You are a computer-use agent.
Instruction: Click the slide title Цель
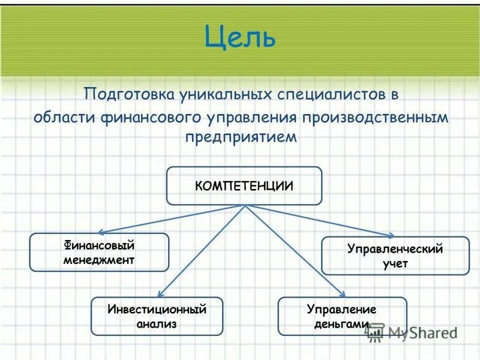(x=240, y=37)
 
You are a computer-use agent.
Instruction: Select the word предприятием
(x=241, y=137)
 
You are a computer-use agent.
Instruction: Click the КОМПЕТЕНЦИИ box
(x=244, y=186)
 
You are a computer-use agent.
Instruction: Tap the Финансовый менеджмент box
(x=99, y=253)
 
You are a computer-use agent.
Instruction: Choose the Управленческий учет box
(x=395, y=256)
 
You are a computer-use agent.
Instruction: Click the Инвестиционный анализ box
(x=157, y=316)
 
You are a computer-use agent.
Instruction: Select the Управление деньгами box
(x=342, y=316)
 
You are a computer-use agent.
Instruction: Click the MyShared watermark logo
(x=414, y=332)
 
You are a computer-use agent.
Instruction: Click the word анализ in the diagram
(x=157, y=324)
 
